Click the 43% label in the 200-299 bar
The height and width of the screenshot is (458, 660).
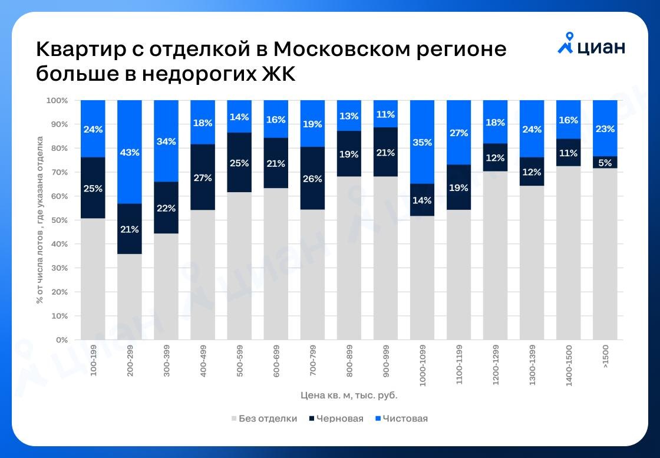(130, 153)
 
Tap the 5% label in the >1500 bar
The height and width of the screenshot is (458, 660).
(605, 163)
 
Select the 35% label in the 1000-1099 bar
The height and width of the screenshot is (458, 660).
(423, 142)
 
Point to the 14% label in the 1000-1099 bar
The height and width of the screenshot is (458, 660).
(423, 200)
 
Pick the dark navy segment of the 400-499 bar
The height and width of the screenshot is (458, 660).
(203, 177)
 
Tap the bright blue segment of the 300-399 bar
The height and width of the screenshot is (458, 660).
(166, 141)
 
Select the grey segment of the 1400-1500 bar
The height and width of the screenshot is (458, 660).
(569, 253)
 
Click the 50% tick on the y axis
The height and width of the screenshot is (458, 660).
(61, 220)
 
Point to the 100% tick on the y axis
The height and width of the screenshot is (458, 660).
(59, 101)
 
